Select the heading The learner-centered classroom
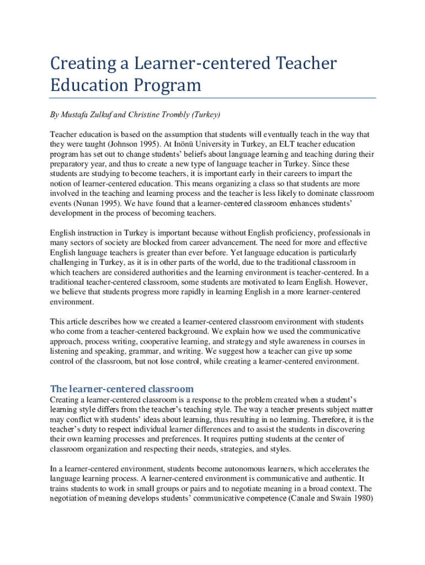click(x=122, y=388)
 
